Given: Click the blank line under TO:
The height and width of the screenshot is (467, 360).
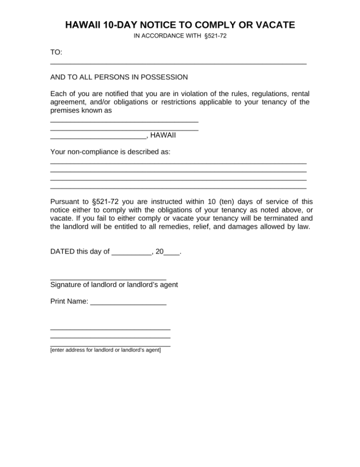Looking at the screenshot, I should pos(178,63).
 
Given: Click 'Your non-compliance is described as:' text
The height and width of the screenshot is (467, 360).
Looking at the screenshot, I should pos(110,152).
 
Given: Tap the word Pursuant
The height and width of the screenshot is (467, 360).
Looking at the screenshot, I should pos(65,201).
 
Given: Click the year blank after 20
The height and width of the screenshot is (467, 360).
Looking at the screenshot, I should pos(171,254).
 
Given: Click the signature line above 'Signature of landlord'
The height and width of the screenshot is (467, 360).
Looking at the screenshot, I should pos(108,279).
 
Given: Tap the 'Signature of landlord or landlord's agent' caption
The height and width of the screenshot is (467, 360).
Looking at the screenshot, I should pos(114,285).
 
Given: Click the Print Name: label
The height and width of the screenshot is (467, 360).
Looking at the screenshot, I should pos(69,301).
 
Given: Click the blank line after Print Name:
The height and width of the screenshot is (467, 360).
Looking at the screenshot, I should pos(128,303).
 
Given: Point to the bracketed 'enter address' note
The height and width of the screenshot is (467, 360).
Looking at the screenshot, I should pos(105,350).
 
